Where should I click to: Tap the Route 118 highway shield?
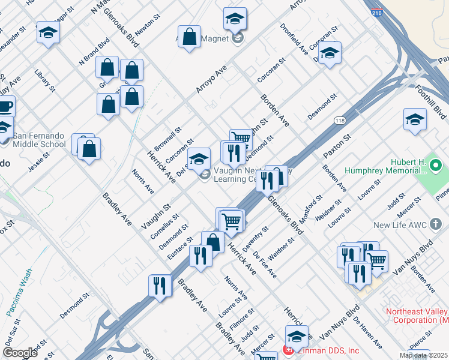[340, 121]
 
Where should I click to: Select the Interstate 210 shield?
[376, 11]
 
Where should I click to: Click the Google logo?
[20, 353]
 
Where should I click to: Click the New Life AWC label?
[400, 225]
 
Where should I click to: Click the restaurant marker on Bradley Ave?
[160, 285]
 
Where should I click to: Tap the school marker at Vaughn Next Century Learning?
[199, 159]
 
